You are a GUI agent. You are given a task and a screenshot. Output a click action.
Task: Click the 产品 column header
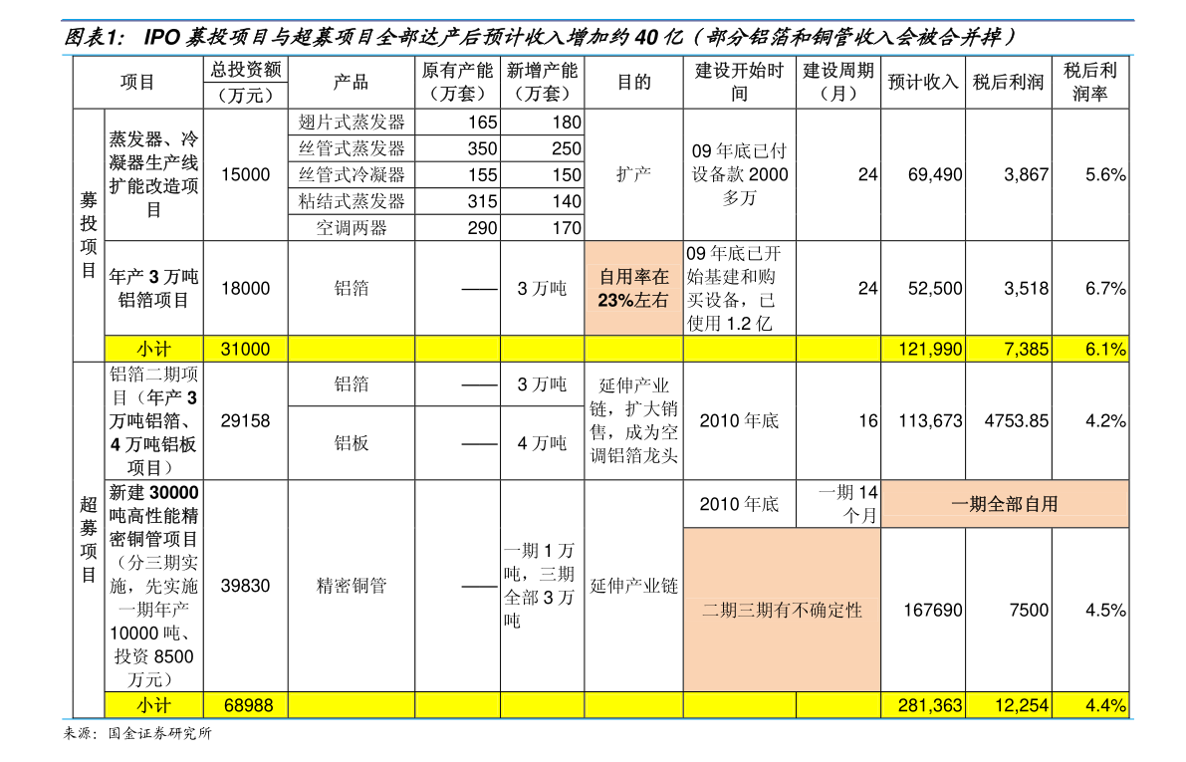point(351,82)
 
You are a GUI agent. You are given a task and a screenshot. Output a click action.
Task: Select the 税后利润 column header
point(1009,82)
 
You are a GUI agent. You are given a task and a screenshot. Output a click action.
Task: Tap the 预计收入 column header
point(923,82)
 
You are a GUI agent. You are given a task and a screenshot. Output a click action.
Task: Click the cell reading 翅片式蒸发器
point(351,122)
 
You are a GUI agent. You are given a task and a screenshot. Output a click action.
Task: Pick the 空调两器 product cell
point(351,228)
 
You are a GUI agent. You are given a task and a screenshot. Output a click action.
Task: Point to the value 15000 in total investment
point(245,174)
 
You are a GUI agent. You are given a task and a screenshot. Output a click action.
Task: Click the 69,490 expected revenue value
point(935,174)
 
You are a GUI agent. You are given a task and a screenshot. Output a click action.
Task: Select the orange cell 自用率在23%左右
point(634,288)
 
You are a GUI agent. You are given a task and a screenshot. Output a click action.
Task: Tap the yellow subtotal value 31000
point(245,349)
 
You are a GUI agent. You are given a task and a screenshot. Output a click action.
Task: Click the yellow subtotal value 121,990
point(930,349)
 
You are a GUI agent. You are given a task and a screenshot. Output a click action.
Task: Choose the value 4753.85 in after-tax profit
point(1017,420)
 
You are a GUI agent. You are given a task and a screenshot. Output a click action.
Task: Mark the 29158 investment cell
point(245,420)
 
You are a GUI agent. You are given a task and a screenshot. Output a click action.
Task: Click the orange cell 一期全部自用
point(1005,504)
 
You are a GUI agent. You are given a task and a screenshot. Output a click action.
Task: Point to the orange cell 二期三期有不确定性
point(782,610)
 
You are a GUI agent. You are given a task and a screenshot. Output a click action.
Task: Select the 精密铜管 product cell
point(351,586)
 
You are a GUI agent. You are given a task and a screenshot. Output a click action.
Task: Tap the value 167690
point(933,610)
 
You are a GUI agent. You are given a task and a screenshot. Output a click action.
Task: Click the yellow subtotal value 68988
point(248,705)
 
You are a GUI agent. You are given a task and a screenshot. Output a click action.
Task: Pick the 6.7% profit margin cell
point(1105,288)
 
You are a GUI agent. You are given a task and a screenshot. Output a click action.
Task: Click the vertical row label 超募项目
point(89,540)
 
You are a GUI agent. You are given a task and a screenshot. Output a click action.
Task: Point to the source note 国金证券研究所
point(159,733)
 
